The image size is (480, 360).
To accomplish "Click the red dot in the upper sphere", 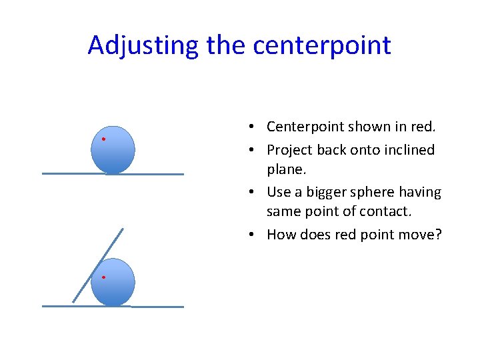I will [103, 139].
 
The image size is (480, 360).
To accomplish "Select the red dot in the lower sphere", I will [104, 277].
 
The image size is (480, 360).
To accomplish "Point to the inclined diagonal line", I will [97, 265].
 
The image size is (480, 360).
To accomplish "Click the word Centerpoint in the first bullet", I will [305, 127].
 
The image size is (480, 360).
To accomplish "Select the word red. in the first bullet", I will [421, 127].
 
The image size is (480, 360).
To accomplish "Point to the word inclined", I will [409, 150].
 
